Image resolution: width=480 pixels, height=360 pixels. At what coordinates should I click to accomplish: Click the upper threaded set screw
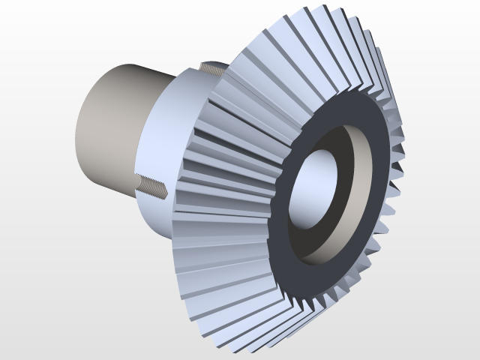point(214,70)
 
